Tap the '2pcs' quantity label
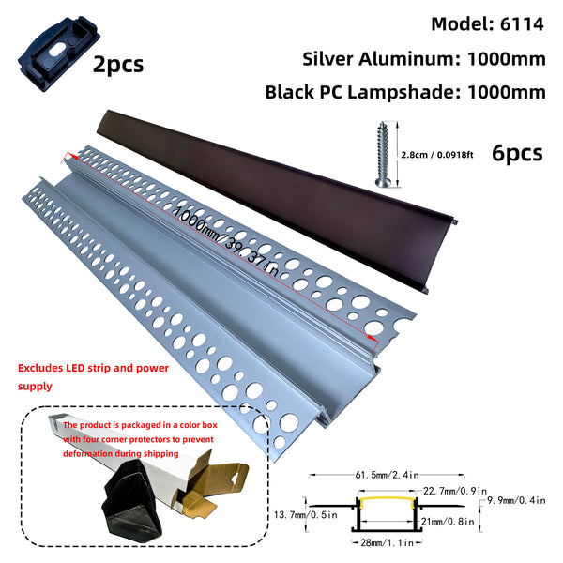point(118,65)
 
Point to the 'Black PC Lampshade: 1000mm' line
point(405,92)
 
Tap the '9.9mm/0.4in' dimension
point(517,502)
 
